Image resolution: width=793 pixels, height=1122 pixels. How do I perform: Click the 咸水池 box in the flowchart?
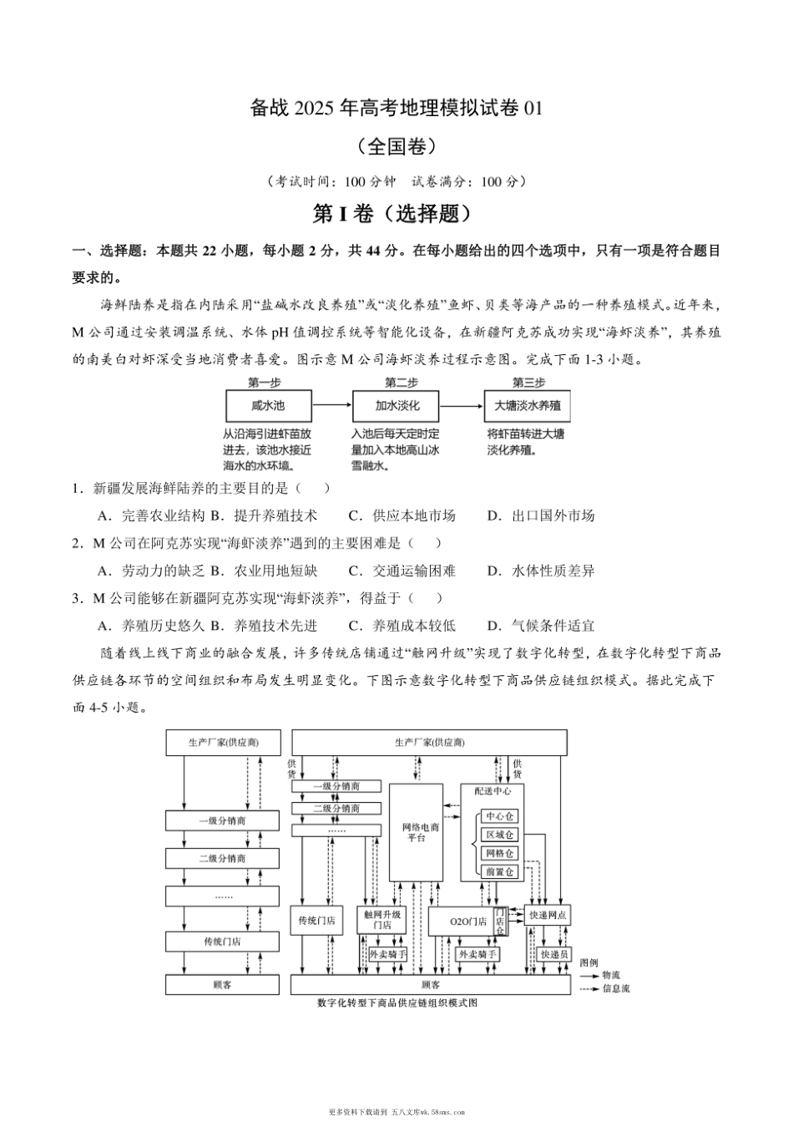point(268,406)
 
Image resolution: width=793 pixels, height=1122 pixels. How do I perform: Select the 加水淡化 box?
point(397,406)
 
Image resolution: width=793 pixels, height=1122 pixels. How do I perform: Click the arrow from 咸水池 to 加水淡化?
point(332,406)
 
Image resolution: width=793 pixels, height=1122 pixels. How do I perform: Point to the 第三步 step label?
point(528,383)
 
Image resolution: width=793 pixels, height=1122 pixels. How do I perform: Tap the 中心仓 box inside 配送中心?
point(500,816)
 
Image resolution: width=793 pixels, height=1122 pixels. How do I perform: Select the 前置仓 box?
point(500,871)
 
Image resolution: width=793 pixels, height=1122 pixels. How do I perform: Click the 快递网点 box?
point(548,916)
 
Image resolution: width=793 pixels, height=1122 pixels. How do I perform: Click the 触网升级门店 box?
point(382,920)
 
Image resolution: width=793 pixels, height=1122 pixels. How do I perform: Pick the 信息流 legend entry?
point(615,988)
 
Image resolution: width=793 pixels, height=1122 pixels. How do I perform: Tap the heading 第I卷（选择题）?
point(396,215)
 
